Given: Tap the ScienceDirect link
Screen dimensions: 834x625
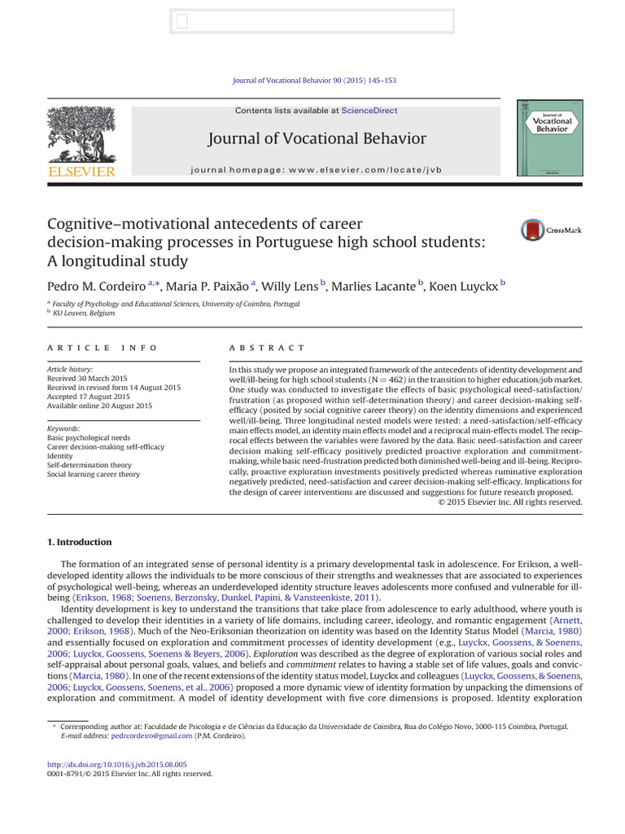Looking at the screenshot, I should click(369, 111).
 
